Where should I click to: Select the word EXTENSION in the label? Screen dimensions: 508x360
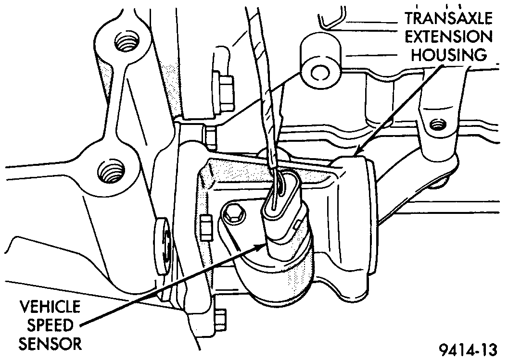[451, 37]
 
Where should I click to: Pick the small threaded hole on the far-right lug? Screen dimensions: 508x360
[436, 125]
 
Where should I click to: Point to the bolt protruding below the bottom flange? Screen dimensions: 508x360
[220, 316]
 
